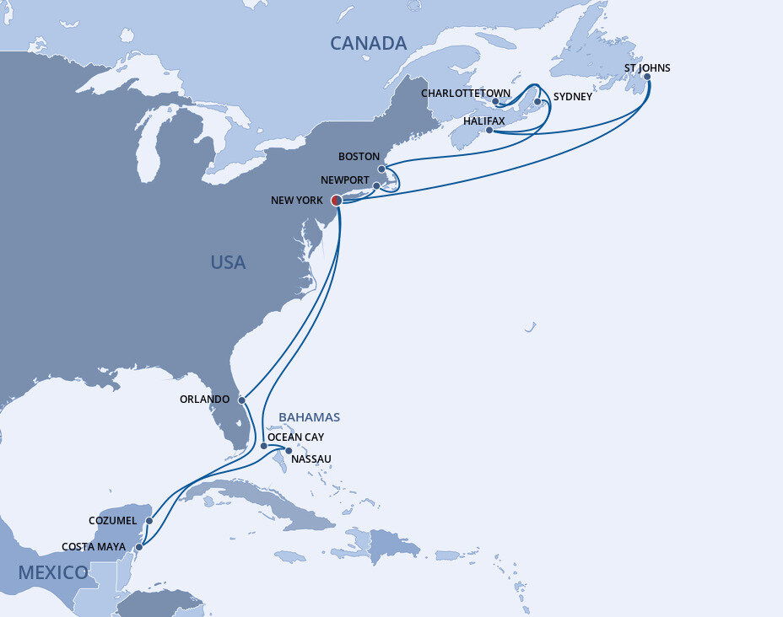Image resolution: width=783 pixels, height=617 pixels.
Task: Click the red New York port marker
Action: pos(335,201)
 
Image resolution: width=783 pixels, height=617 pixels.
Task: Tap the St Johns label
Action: pos(647,67)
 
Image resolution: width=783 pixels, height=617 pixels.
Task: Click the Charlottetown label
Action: pos(465,93)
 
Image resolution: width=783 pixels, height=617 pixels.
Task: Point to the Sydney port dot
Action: pos(537,101)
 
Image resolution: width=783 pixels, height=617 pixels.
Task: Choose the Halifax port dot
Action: pos(489,130)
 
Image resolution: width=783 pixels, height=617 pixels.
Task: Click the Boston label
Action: pos(359,157)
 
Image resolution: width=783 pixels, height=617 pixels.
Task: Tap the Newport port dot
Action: pos(376,185)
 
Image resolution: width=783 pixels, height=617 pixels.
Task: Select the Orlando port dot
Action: pos(241,400)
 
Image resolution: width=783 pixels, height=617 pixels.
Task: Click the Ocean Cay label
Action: pos(295,437)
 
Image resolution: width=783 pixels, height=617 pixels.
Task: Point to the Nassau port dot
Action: pos(289,450)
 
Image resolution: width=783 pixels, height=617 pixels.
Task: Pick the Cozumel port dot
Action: pos(148,521)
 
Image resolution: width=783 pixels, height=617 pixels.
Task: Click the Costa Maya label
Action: pos(94,547)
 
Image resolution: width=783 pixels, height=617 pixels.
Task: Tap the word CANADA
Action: pos(368,43)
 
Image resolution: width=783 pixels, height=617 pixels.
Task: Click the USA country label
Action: pos(228,262)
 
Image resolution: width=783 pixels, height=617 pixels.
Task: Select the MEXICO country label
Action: pos(53,572)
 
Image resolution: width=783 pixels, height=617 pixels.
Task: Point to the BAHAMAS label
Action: pos(309,417)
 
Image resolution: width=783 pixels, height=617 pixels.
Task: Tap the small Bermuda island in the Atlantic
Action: pos(530,327)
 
